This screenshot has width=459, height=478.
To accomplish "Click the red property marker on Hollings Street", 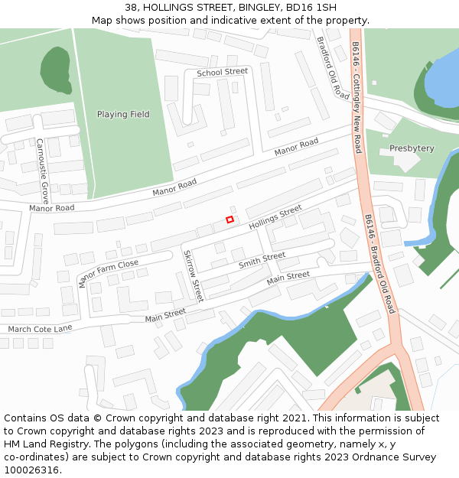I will pos(229,219).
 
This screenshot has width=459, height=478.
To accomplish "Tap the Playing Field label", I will pos(123,115).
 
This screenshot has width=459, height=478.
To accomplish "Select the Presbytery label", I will pos(412,148).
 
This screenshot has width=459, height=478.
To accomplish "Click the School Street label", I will pos(223,72).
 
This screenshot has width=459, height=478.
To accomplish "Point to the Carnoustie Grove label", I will pos(43,166).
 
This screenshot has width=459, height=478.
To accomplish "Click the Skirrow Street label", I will pos(193,275).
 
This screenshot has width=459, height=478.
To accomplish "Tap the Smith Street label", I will pos(262,261).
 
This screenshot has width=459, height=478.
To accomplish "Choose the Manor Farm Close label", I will pos(108,273).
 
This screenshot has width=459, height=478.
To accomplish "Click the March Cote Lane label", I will pos(40,329).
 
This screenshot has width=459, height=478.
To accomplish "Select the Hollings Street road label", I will pos(275,217).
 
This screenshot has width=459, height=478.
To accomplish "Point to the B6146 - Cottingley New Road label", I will pos(357,97).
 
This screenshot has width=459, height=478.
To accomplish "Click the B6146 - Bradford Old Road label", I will pos(380,263).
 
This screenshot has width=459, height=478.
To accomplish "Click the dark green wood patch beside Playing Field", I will pos(55,71).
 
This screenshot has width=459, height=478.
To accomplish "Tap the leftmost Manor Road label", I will pos(52,208).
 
